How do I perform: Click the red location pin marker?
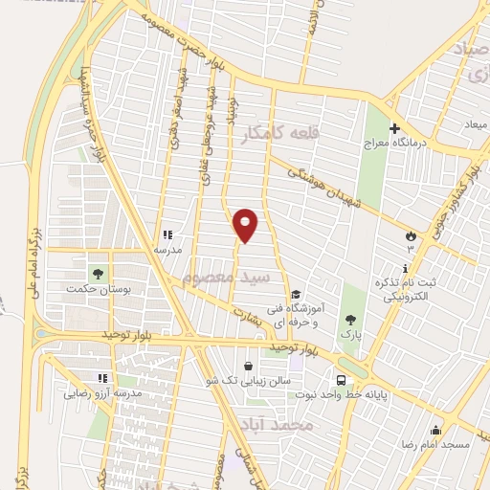(x=246, y=224)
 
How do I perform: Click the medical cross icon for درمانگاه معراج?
(x=394, y=128)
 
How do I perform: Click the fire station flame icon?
(x=412, y=234)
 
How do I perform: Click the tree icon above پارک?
(x=350, y=321)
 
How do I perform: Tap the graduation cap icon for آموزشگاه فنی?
(x=296, y=295)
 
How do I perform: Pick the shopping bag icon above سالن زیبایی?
(x=249, y=366)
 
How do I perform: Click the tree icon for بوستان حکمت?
(x=95, y=274)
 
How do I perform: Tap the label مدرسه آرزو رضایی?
(x=103, y=393)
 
